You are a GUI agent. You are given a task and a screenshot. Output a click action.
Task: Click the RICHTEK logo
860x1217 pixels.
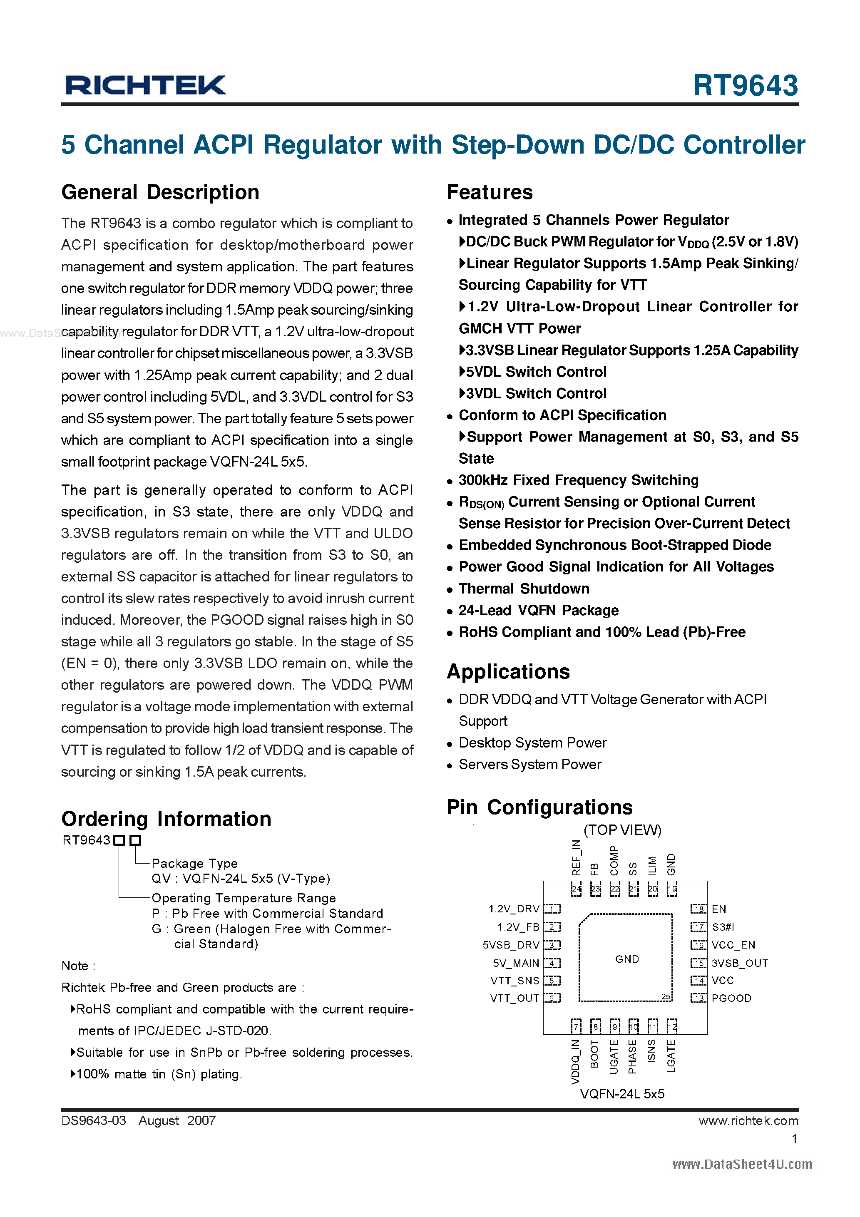point(145,85)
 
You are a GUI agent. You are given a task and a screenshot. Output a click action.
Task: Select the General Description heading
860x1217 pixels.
point(160,192)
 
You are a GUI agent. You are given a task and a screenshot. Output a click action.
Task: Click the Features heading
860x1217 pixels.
point(490,192)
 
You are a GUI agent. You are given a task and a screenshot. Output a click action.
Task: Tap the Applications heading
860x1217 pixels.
point(508,672)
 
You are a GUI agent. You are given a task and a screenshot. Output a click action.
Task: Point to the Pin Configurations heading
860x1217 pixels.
point(539,807)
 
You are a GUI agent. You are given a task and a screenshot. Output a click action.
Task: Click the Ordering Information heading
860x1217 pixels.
point(166,819)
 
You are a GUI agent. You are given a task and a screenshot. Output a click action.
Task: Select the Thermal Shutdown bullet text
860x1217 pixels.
point(524,589)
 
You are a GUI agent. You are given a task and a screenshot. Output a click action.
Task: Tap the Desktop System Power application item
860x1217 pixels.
point(532,743)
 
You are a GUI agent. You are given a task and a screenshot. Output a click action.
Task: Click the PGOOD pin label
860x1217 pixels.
point(731,998)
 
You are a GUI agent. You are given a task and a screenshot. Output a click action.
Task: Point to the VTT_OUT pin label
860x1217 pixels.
point(515,998)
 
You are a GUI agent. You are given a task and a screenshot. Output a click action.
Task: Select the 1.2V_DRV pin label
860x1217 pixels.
point(514,909)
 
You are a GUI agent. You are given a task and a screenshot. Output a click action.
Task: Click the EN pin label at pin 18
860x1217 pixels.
point(718,909)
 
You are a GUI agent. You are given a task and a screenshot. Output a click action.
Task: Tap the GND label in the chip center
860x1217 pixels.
point(627,959)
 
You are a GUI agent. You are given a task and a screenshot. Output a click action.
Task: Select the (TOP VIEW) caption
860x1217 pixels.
point(622,830)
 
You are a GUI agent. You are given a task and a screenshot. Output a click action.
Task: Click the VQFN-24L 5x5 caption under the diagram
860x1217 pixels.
point(622,1094)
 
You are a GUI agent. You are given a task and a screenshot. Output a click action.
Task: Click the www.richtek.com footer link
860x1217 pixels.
point(748,1121)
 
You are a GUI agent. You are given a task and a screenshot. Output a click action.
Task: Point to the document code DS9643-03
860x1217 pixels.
point(94,1121)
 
